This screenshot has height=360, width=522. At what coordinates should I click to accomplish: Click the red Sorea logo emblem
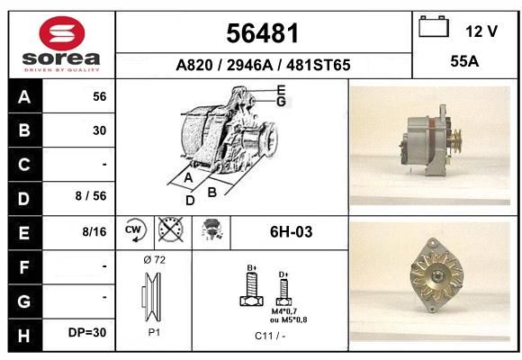[62, 33]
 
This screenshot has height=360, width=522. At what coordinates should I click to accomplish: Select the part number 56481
[262, 33]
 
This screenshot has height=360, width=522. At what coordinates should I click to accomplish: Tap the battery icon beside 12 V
[434, 27]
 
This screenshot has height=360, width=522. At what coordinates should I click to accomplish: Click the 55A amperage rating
[464, 61]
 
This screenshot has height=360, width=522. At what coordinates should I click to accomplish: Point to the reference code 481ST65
[319, 65]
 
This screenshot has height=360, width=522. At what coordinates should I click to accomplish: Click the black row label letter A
[24, 97]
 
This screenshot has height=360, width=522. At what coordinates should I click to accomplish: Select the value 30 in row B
[100, 130]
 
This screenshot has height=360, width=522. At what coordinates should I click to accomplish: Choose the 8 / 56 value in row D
[91, 196]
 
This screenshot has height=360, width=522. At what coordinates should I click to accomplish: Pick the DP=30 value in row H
[87, 332]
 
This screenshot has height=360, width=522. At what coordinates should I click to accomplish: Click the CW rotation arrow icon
[135, 229]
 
